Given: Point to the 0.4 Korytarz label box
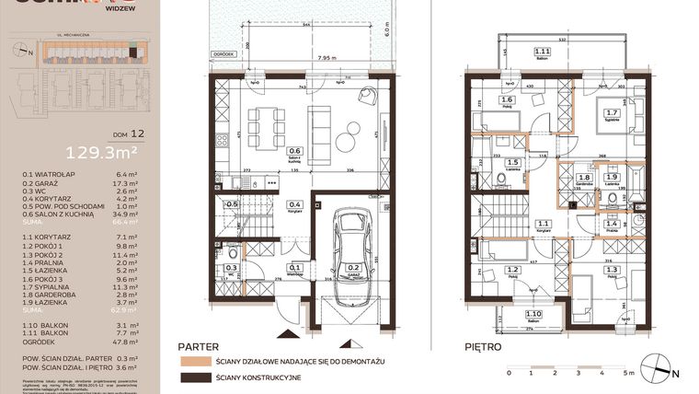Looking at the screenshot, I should coord(295,206).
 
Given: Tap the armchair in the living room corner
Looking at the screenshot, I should coord(367,94).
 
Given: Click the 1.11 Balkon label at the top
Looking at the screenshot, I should coord(544,53).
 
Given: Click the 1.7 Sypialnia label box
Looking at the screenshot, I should coord(610,117).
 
